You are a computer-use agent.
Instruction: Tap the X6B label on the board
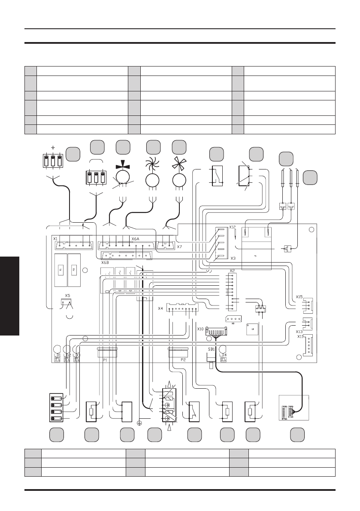[105, 263]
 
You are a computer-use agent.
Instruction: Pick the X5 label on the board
[67, 296]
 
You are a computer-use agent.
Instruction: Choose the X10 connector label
[200, 329]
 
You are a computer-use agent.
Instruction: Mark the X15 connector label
[299, 296]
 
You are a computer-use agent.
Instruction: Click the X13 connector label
[299, 331]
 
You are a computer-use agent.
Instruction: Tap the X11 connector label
[300, 337]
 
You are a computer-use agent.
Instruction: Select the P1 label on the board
[105, 360]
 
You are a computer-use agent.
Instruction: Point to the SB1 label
[211, 350]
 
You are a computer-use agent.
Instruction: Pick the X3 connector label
[233, 258]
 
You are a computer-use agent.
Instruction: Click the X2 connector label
[232, 271]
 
